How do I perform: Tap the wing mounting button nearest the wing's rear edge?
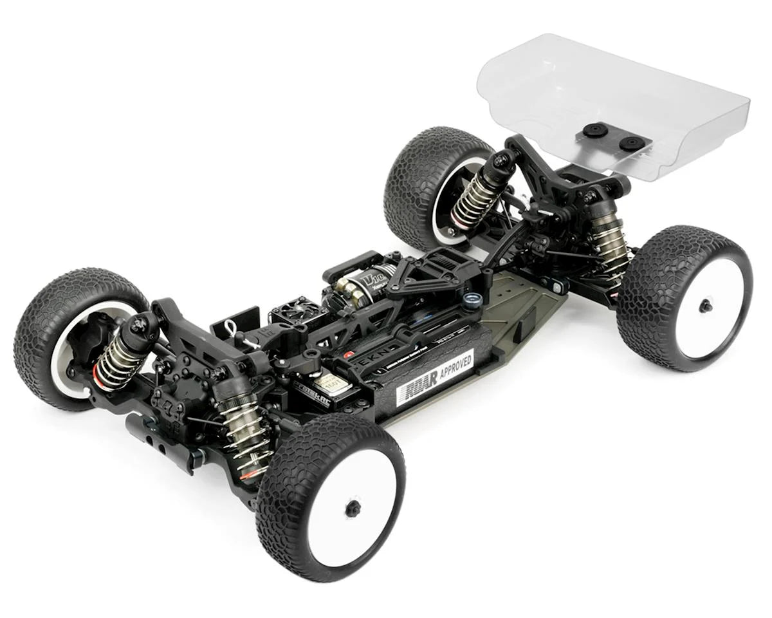633,144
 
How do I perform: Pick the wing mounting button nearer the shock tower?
596,131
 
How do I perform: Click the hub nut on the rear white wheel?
705,306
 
